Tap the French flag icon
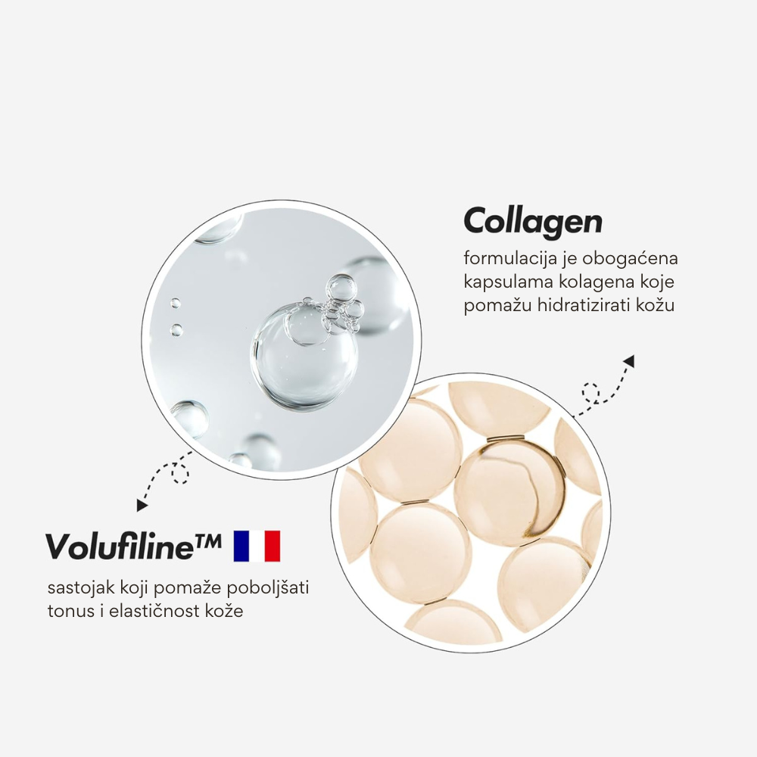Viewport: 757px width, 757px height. [257, 546]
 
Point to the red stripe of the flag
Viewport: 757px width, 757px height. [273, 546]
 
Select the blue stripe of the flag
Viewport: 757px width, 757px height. [241, 546]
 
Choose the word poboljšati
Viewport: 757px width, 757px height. [267, 588]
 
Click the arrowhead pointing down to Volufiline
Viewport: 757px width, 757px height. [142, 506]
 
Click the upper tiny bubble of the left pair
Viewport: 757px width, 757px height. [176, 304]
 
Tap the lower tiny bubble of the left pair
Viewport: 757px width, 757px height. [176, 330]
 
